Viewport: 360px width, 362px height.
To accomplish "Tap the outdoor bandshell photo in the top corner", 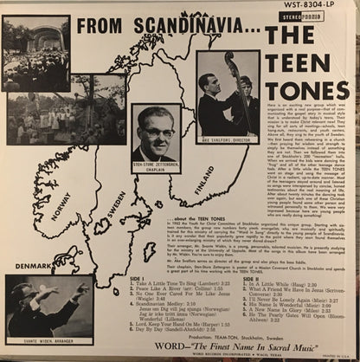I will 35,52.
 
